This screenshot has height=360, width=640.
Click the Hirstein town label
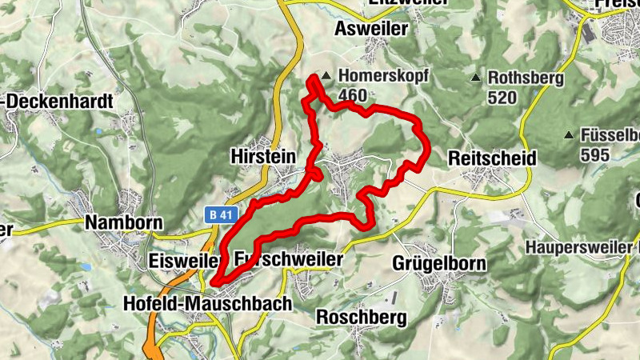[x=262, y=155]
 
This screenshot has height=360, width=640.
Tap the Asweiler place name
[x=373, y=29]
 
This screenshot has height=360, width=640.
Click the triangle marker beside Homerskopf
[x=326, y=78]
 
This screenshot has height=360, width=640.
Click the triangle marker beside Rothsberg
[x=477, y=78]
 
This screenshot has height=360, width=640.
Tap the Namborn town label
[x=124, y=222]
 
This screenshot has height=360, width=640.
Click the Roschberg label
[x=362, y=317]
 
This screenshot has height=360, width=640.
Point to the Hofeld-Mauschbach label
[x=208, y=304]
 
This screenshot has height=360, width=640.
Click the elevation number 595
[x=595, y=154]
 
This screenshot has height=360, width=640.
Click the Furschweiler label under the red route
[x=289, y=261]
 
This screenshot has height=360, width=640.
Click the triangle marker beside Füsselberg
[x=569, y=134]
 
